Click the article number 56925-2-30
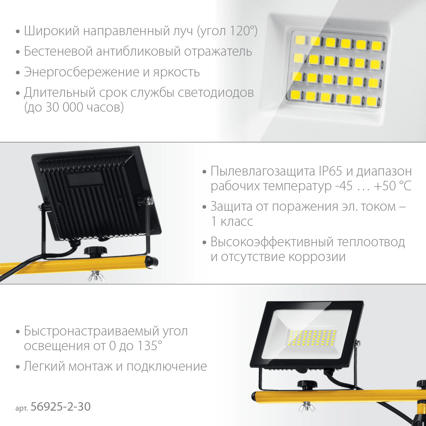click(x=60, y=407)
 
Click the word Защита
click(x=231, y=207)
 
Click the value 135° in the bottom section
click(x=150, y=346)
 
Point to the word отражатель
click(x=218, y=52)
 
